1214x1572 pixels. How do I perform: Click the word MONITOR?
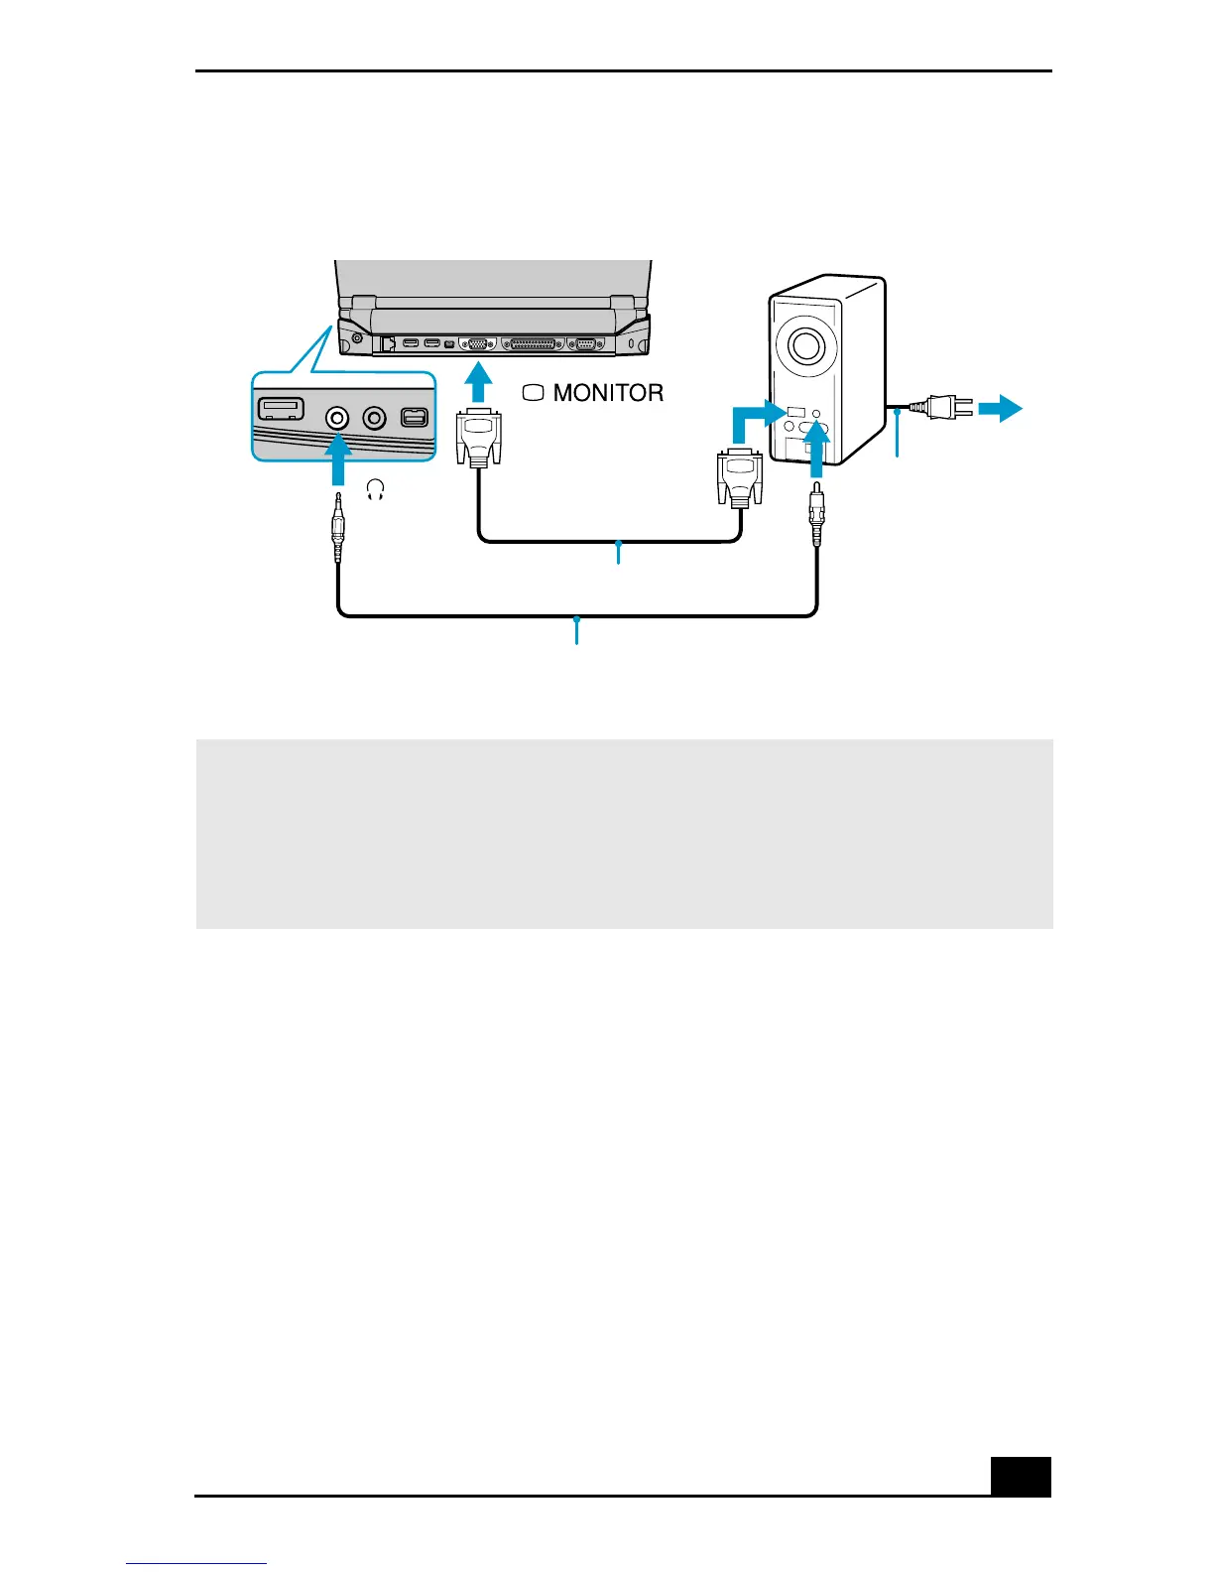click(x=608, y=393)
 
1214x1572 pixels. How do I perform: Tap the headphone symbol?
click(x=375, y=489)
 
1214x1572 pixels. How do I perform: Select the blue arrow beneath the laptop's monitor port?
click(x=479, y=383)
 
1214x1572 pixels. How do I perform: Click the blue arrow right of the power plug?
click(x=1000, y=407)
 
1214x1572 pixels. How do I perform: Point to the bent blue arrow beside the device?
click(x=752, y=419)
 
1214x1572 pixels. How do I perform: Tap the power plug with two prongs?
click(x=943, y=407)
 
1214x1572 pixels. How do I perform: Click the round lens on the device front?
click(x=805, y=344)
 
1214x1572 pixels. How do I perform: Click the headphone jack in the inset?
click(x=338, y=418)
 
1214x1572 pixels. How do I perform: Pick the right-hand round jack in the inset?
click(x=374, y=418)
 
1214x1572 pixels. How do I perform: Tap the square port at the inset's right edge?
click(x=414, y=417)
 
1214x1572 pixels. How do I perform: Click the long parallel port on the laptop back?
click(x=534, y=344)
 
